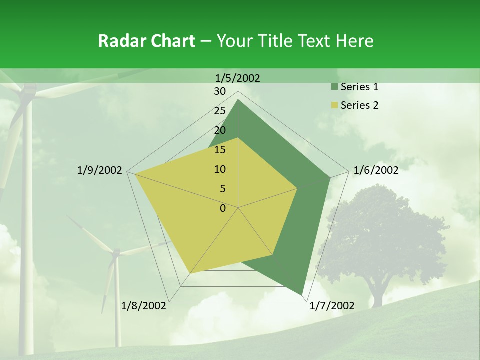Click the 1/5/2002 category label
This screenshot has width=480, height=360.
[238, 78]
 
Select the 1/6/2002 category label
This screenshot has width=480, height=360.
[376, 170]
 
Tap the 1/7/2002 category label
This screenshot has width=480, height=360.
[332, 306]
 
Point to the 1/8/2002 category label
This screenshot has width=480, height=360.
[143, 306]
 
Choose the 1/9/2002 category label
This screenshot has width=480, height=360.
[99, 170]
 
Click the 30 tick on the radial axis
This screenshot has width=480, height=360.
[220, 91]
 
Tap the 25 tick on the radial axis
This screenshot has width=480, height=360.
[220, 111]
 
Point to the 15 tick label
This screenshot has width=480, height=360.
[220, 150]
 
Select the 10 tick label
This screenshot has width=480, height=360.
[220, 169]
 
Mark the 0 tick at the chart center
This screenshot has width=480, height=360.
[223, 208]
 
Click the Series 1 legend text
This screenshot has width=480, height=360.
[359, 87]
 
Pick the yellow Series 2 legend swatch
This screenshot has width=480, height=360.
[334, 105]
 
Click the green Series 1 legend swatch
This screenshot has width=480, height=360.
[334, 87]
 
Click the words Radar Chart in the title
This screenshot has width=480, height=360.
[146, 41]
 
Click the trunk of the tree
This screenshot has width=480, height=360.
[377, 295]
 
